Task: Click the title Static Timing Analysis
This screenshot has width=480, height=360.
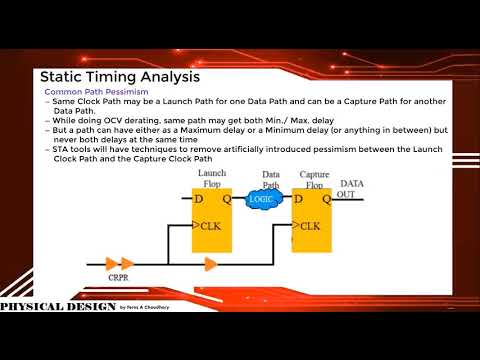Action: pos(119,76)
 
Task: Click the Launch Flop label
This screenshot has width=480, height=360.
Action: pos(213,179)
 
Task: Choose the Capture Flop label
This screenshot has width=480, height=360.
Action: pos(315,179)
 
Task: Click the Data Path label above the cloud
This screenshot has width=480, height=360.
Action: pos(270,179)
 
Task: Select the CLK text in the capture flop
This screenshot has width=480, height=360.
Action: pos(312,225)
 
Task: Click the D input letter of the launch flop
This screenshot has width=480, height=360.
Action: pos(199,198)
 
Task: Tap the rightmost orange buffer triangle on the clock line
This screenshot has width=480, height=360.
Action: pos(211,264)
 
